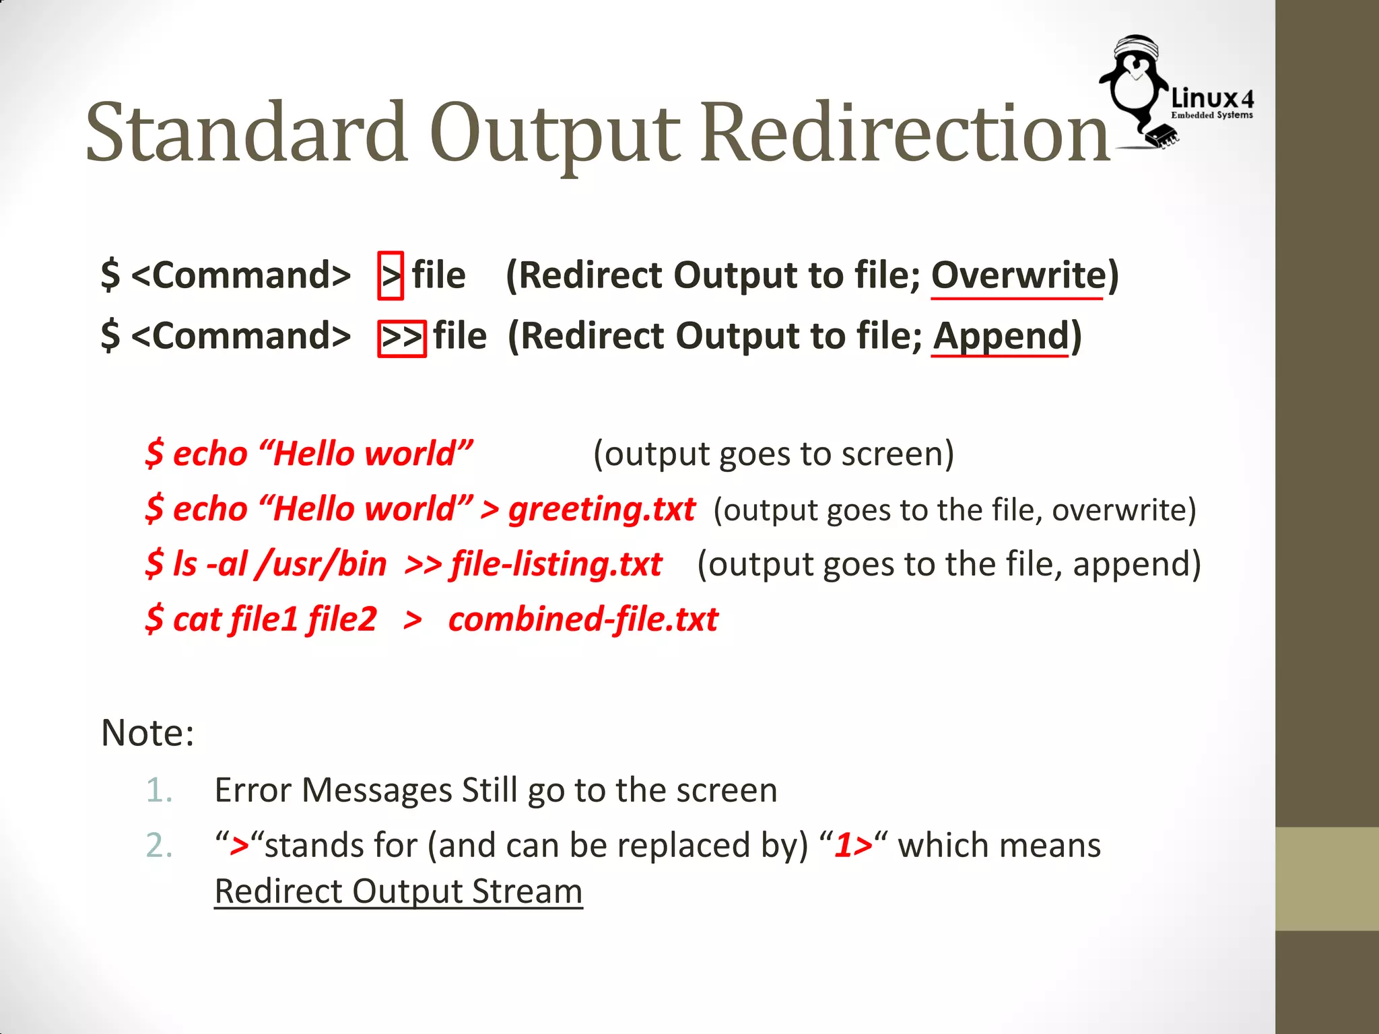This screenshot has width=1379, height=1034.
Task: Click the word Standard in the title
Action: click(246, 132)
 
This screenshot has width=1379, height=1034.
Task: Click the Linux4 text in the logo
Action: click(1212, 99)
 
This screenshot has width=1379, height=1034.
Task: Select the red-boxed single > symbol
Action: click(391, 275)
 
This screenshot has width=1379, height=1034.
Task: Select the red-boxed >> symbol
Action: click(401, 338)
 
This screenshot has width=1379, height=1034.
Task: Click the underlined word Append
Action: click(1001, 336)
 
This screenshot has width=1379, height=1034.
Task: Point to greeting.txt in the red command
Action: click(601, 510)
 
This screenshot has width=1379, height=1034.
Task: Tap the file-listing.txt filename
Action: click(556, 564)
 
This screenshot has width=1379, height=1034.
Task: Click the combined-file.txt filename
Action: click(583, 619)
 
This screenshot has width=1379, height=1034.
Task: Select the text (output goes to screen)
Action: click(773, 454)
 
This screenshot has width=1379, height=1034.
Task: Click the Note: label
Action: click(147, 733)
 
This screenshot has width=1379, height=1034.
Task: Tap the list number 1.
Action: click(159, 790)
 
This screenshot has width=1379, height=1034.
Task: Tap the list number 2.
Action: click(159, 846)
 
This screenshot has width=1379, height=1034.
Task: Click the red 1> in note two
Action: click(853, 846)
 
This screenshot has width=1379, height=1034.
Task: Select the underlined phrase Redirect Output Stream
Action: click(398, 892)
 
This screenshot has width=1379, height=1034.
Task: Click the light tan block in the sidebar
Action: click(1326, 878)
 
